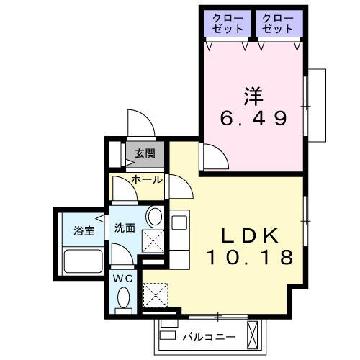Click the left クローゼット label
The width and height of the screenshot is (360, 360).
point(228,23)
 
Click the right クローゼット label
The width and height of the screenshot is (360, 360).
point(277,23)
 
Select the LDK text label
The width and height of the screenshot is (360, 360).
point(249,235)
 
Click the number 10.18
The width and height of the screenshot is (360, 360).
point(249,256)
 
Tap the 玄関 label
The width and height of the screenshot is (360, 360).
point(144,153)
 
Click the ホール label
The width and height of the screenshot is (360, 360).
point(147,179)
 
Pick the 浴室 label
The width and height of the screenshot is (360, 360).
point(84,230)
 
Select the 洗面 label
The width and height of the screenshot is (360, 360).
point(125,228)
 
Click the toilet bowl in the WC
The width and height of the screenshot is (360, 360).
point(124,297)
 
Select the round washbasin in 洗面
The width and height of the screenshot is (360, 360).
point(153,217)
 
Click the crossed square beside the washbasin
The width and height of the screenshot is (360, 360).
point(153,240)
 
